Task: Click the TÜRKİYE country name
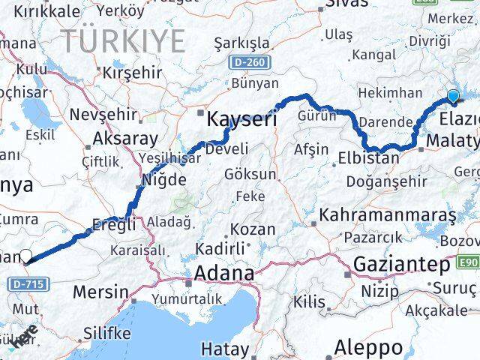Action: [x=123, y=40]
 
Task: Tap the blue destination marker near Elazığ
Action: [x=453, y=95]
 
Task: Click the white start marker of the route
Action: [x=26, y=256]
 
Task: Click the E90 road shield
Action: [x=469, y=261]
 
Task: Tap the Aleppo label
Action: [x=368, y=347]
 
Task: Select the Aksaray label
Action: [x=125, y=139]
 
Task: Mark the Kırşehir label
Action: [x=132, y=72]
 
